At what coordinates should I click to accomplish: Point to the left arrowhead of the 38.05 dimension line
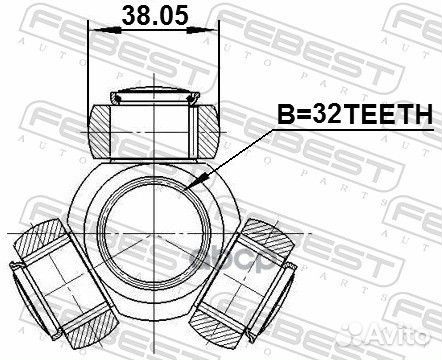coord(94,31)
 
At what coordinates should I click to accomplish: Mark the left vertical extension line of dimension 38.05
coord(89,60)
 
